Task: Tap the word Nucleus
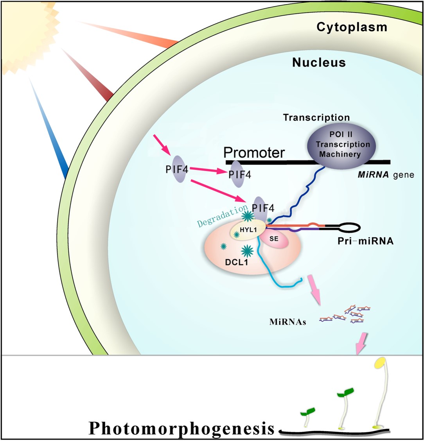coord(319,62)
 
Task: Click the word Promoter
coord(254,152)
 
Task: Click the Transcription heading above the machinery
coord(316,117)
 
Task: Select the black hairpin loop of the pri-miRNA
coord(346,226)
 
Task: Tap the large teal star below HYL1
coord(247,250)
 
